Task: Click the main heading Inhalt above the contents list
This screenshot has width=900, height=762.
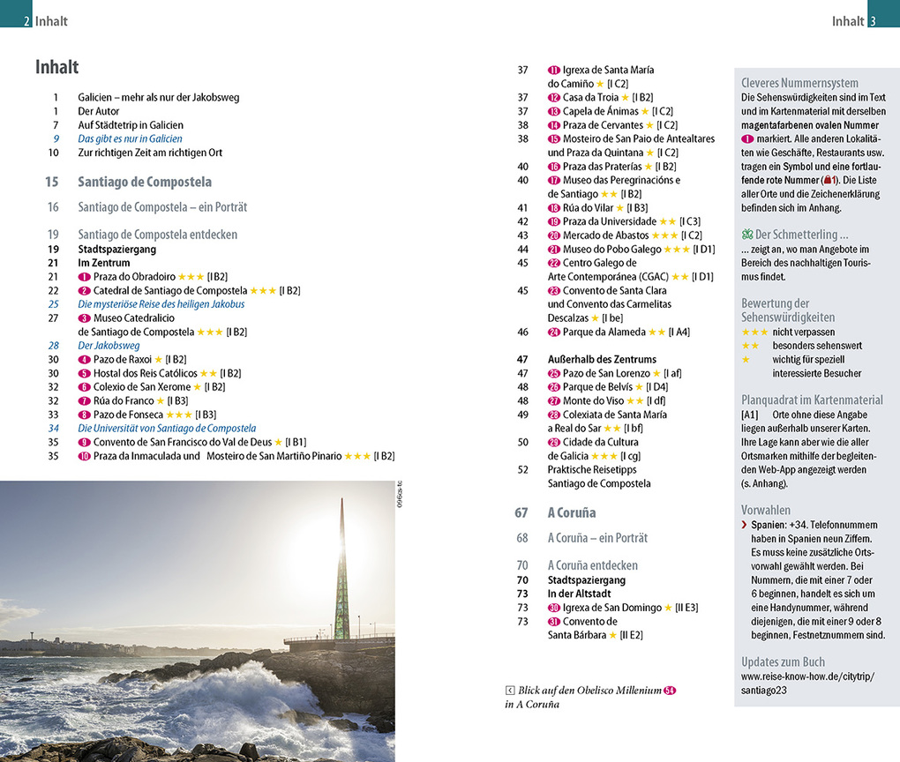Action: click(x=57, y=67)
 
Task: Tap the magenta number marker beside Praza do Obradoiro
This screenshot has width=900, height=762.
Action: click(x=85, y=277)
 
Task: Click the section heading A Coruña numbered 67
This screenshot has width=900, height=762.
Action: click(x=572, y=512)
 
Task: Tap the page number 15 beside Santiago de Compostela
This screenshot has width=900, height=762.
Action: click(x=51, y=182)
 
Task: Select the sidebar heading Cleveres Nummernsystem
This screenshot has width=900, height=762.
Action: click(x=799, y=84)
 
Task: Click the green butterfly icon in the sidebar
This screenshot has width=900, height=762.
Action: click(x=747, y=235)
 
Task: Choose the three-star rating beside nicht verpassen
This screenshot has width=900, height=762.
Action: click(x=754, y=332)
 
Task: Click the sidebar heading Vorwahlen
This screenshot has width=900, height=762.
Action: click(x=766, y=510)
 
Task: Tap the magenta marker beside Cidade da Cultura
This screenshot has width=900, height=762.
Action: click(x=554, y=442)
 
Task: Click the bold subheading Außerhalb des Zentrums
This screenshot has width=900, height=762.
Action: click(x=602, y=359)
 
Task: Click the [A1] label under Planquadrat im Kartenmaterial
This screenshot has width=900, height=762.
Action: click(x=750, y=414)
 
